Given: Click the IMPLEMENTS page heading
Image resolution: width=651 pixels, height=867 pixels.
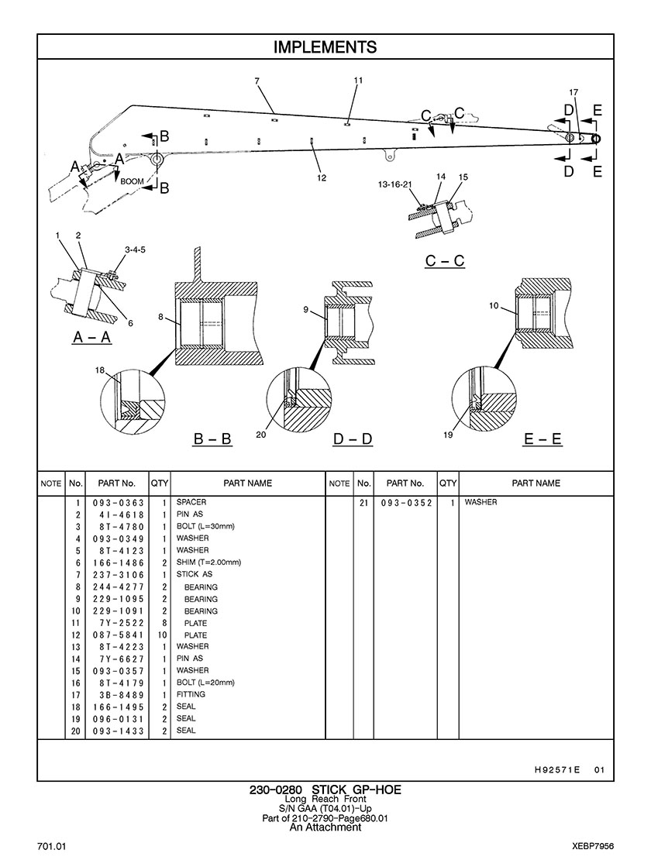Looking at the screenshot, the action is [x=325, y=47].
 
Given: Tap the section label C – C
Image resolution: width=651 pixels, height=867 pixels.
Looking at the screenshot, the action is [x=445, y=260].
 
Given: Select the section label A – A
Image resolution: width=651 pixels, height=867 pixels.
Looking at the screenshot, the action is [x=92, y=337].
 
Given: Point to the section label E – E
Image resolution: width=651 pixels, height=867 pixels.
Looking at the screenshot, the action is [x=542, y=439].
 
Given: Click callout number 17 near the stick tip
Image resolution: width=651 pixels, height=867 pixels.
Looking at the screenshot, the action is [x=573, y=92].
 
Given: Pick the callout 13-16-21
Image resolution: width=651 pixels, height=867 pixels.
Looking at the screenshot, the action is [x=395, y=184].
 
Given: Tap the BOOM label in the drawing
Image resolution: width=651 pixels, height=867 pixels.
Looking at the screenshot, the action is [x=133, y=181].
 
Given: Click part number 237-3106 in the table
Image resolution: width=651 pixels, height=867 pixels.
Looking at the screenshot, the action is [x=118, y=575].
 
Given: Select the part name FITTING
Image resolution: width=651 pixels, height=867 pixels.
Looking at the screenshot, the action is [x=191, y=694].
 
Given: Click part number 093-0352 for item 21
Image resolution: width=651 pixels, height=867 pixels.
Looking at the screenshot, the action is [x=407, y=503].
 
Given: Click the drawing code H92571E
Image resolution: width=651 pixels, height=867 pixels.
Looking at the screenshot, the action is [x=557, y=769].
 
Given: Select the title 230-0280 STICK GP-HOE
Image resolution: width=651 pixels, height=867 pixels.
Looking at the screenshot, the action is [x=325, y=790].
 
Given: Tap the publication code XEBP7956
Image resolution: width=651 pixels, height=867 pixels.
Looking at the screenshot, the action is [x=594, y=847].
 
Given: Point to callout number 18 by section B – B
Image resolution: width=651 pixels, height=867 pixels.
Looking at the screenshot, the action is [x=99, y=370].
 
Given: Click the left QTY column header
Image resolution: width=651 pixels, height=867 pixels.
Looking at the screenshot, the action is [x=160, y=483].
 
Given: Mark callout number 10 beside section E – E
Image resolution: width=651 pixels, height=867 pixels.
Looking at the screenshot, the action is [x=494, y=305].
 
